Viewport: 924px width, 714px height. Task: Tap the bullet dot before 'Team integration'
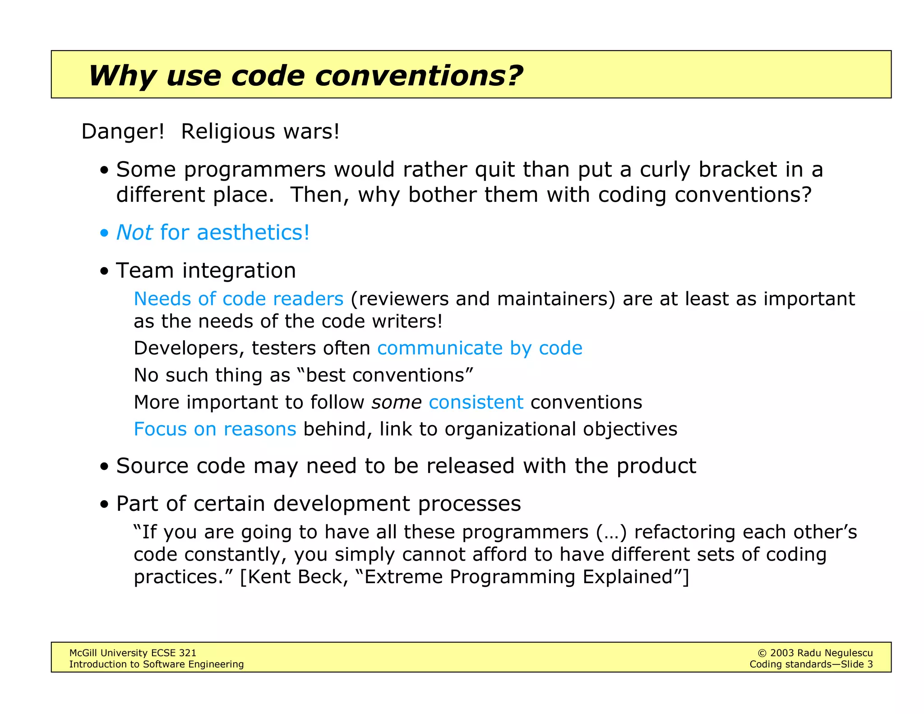(105, 272)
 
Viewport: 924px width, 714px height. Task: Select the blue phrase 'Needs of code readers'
(239, 299)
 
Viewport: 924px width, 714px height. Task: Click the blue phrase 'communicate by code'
(480, 348)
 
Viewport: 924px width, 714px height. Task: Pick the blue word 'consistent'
(476, 402)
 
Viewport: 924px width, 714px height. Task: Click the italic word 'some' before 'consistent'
(396, 402)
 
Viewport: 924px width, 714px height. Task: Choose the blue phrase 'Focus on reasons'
(215, 429)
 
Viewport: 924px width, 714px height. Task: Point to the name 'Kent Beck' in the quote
(295, 577)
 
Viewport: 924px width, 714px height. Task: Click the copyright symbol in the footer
(762, 653)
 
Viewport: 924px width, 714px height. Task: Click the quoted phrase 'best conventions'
(385, 376)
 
